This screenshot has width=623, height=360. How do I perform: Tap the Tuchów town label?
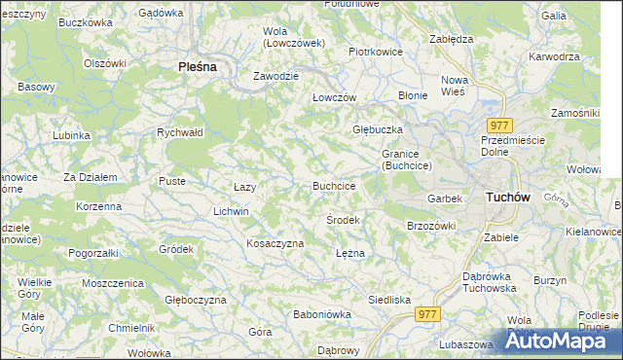pyautogui.click(x=507, y=198)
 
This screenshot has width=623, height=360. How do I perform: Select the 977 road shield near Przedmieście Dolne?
pyautogui.click(x=499, y=125)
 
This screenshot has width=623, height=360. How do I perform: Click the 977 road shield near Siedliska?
pyautogui.click(x=427, y=314)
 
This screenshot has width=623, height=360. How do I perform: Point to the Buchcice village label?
pyautogui.click(x=333, y=186)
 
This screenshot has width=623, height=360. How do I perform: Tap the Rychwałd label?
pyautogui.click(x=179, y=132)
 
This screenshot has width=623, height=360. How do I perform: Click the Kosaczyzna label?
pyautogui.click(x=275, y=243)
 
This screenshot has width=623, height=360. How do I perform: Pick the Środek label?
pyautogui.click(x=343, y=220)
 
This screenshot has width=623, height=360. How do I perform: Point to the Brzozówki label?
pyautogui.click(x=431, y=226)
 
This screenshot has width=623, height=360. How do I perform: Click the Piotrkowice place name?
pyautogui.click(x=376, y=52)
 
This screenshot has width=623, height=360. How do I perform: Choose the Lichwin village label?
pyautogui.click(x=232, y=211)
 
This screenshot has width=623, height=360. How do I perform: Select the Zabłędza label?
pyautogui.click(x=451, y=39)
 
